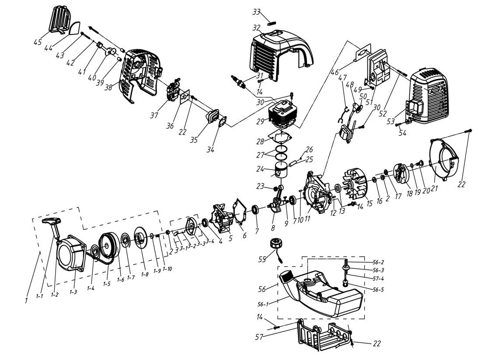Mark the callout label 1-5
(x=106, y=283)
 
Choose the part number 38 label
(x=108, y=87)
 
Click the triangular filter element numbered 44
(x=75, y=28)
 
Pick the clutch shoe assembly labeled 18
(x=400, y=174)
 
